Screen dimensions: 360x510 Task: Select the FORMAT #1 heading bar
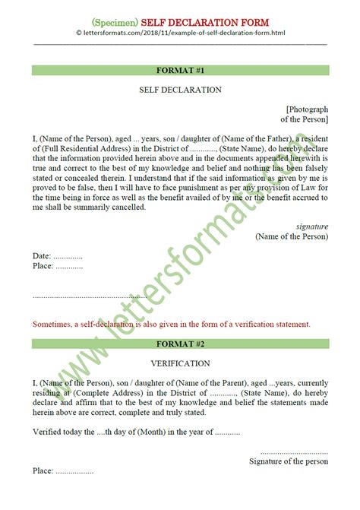pyautogui.click(x=180, y=70)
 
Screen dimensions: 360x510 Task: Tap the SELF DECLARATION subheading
pyautogui.click(x=180, y=90)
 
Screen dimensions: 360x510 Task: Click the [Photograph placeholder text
pyautogui.click(x=308, y=109)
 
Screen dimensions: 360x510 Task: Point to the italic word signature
pyautogui.click(x=311, y=226)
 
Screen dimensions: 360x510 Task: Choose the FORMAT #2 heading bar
pyautogui.click(x=180, y=344)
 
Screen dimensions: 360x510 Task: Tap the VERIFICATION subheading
pyautogui.click(x=180, y=363)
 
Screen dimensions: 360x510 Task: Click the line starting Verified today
pyautogui.click(x=137, y=432)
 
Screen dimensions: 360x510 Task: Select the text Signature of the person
pyautogui.click(x=289, y=461)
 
